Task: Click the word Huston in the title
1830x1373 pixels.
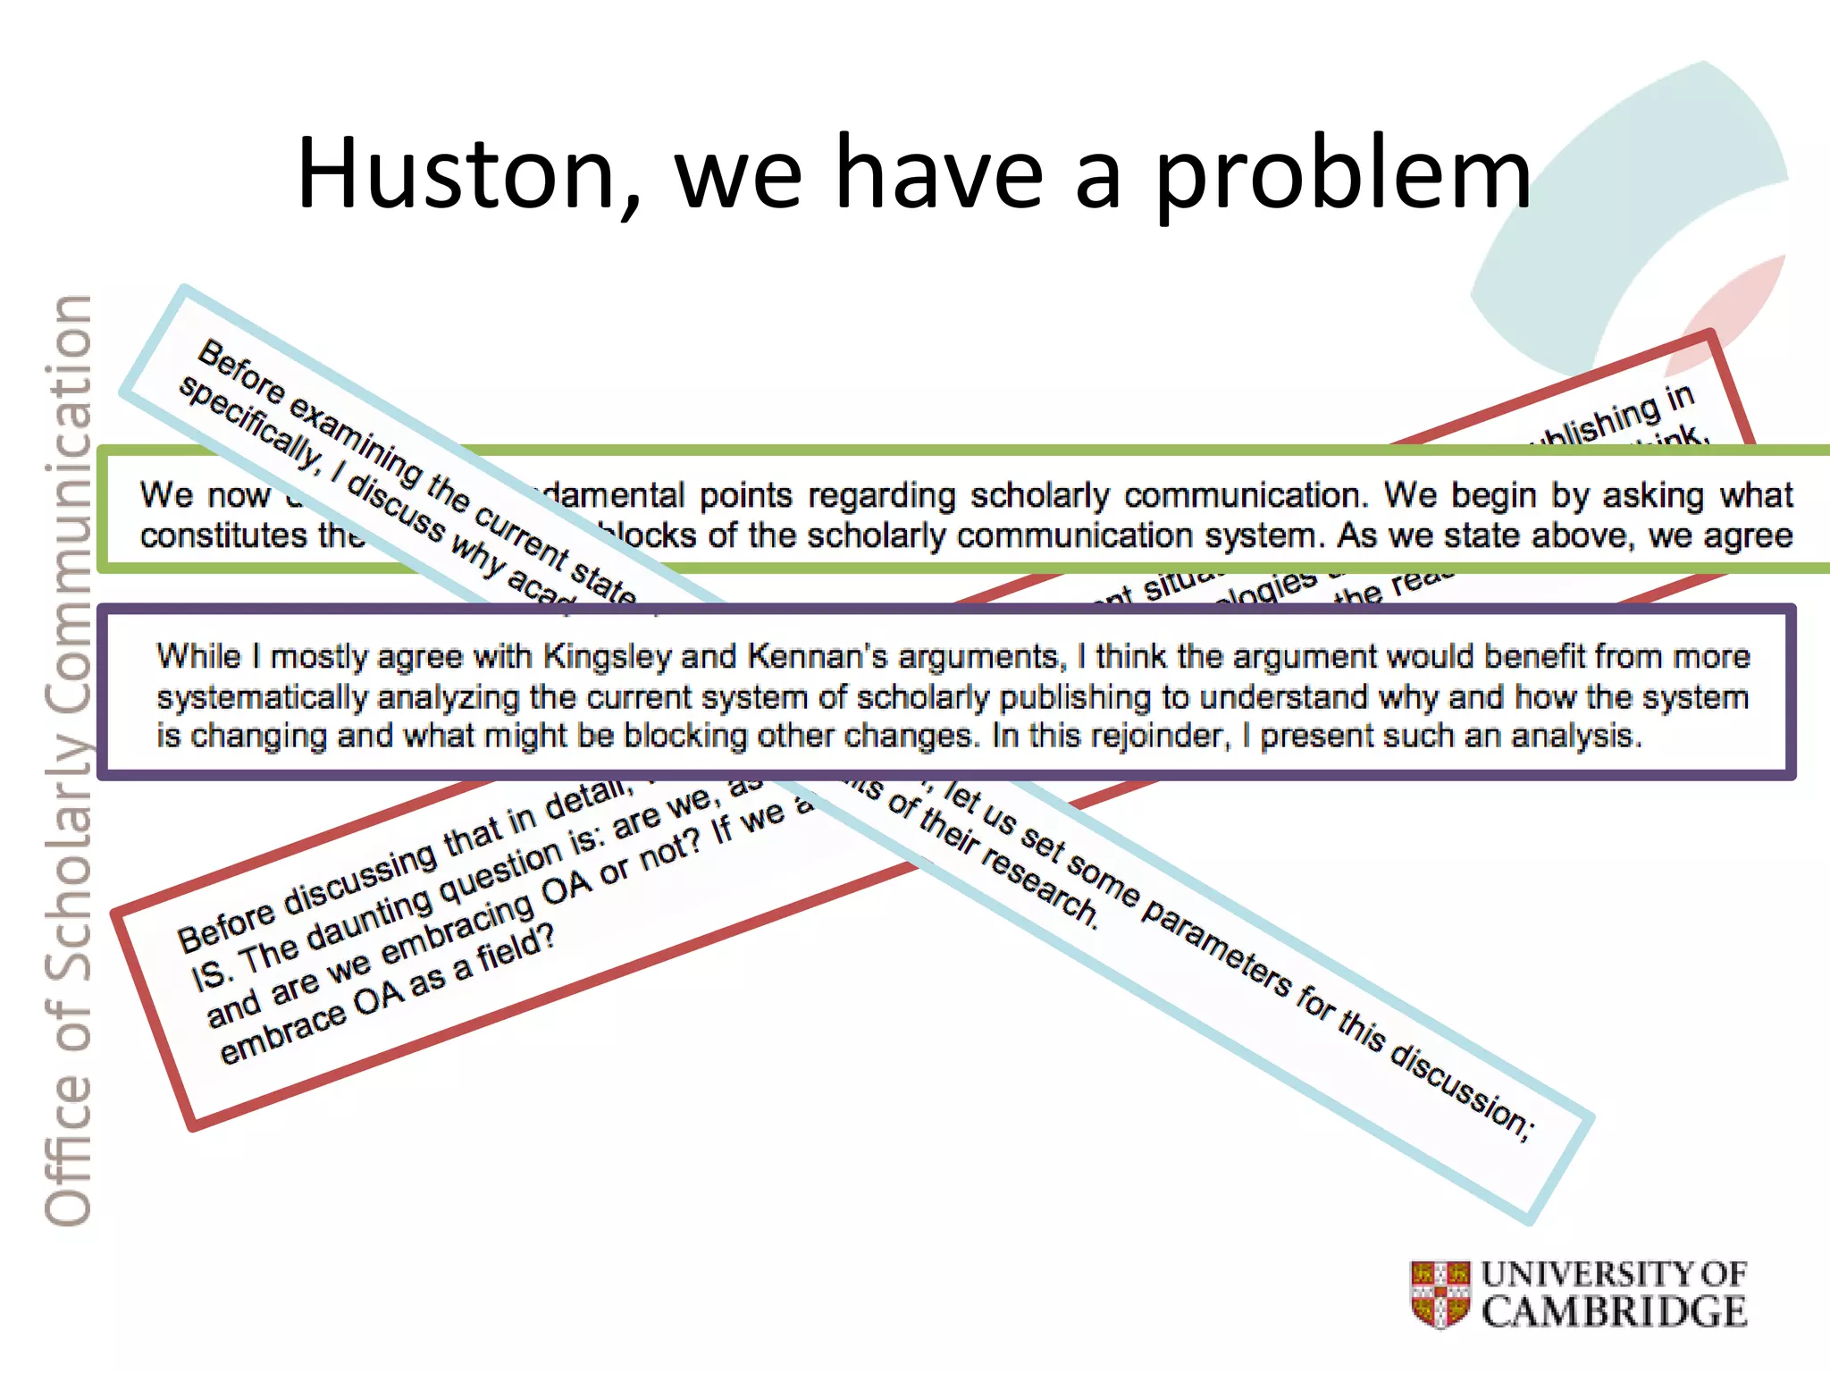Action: coord(457,173)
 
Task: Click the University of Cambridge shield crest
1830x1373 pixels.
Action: coord(1440,1293)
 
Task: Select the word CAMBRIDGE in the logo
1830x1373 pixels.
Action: coord(1614,1312)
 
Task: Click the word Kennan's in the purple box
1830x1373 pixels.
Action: coord(818,657)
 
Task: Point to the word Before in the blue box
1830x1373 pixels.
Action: coord(240,372)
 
